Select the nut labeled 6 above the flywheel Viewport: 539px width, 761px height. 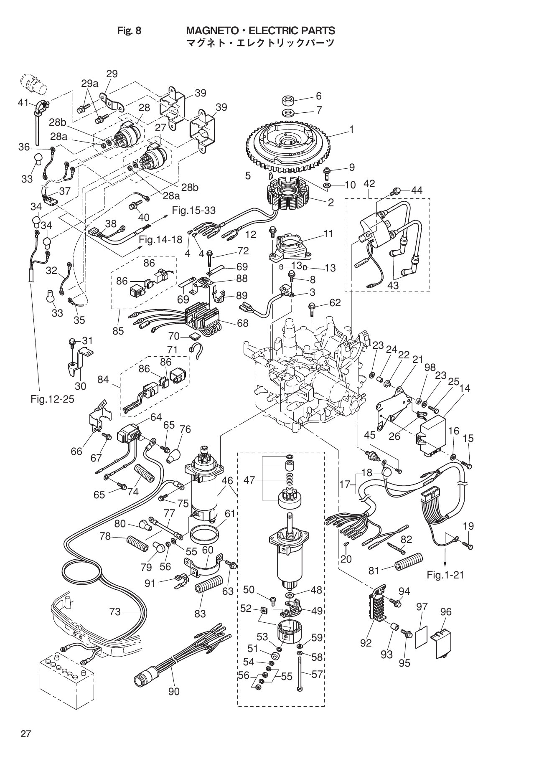(x=288, y=101)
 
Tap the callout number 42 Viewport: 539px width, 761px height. (x=369, y=183)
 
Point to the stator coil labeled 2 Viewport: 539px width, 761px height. (x=288, y=199)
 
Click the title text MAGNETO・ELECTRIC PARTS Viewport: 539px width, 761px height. (x=260, y=30)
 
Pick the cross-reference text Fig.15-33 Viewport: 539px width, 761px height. (x=193, y=211)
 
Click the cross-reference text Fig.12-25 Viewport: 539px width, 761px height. (x=52, y=399)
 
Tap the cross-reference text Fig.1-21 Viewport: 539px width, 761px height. (x=445, y=575)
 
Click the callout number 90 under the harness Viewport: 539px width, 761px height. (x=174, y=703)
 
